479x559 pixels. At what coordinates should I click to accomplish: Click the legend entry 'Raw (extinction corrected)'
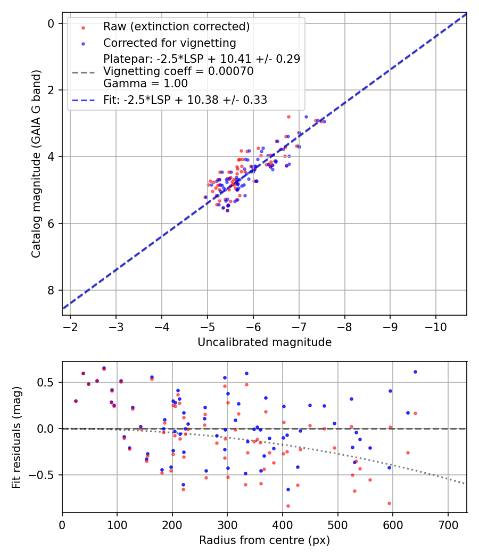coord(176,27)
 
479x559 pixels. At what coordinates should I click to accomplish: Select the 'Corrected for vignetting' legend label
coord(169,43)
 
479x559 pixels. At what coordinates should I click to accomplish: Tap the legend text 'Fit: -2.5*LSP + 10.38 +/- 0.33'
coord(185,100)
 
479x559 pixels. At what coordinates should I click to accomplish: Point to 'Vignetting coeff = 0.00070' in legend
coord(178,71)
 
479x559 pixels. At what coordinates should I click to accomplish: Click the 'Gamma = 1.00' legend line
coord(145,84)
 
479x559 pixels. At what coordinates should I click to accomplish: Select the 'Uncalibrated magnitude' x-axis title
coord(265,342)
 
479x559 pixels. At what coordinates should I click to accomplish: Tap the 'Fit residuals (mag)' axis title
coord(16,437)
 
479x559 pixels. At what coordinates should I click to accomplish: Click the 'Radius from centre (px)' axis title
coord(265,540)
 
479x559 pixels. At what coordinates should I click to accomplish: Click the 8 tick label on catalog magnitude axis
coord(51,290)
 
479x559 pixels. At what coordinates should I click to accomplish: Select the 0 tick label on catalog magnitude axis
coord(51,23)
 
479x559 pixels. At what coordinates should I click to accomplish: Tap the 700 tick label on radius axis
coord(448,524)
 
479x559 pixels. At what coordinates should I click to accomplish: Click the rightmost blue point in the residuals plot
coord(415,372)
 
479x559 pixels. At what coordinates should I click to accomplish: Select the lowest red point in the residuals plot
coord(288,506)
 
